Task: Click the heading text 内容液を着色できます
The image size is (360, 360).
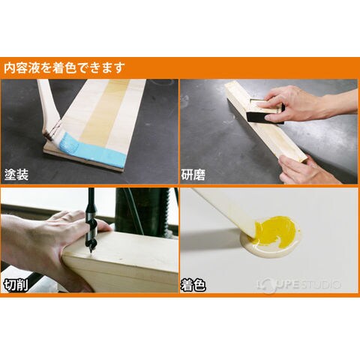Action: pyautogui.click(x=64, y=68)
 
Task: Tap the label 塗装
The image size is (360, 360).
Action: pyautogui.click(x=16, y=175)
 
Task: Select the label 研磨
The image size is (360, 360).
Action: pyautogui.click(x=193, y=175)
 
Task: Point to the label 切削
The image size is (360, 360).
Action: pyautogui.click(x=16, y=285)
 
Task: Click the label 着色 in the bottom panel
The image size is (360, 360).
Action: pyautogui.click(x=193, y=285)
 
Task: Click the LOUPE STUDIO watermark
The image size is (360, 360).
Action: pyautogui.click(x=298, y=285)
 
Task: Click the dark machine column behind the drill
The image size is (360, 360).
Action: pyautogui.click(x=142, y=211)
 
